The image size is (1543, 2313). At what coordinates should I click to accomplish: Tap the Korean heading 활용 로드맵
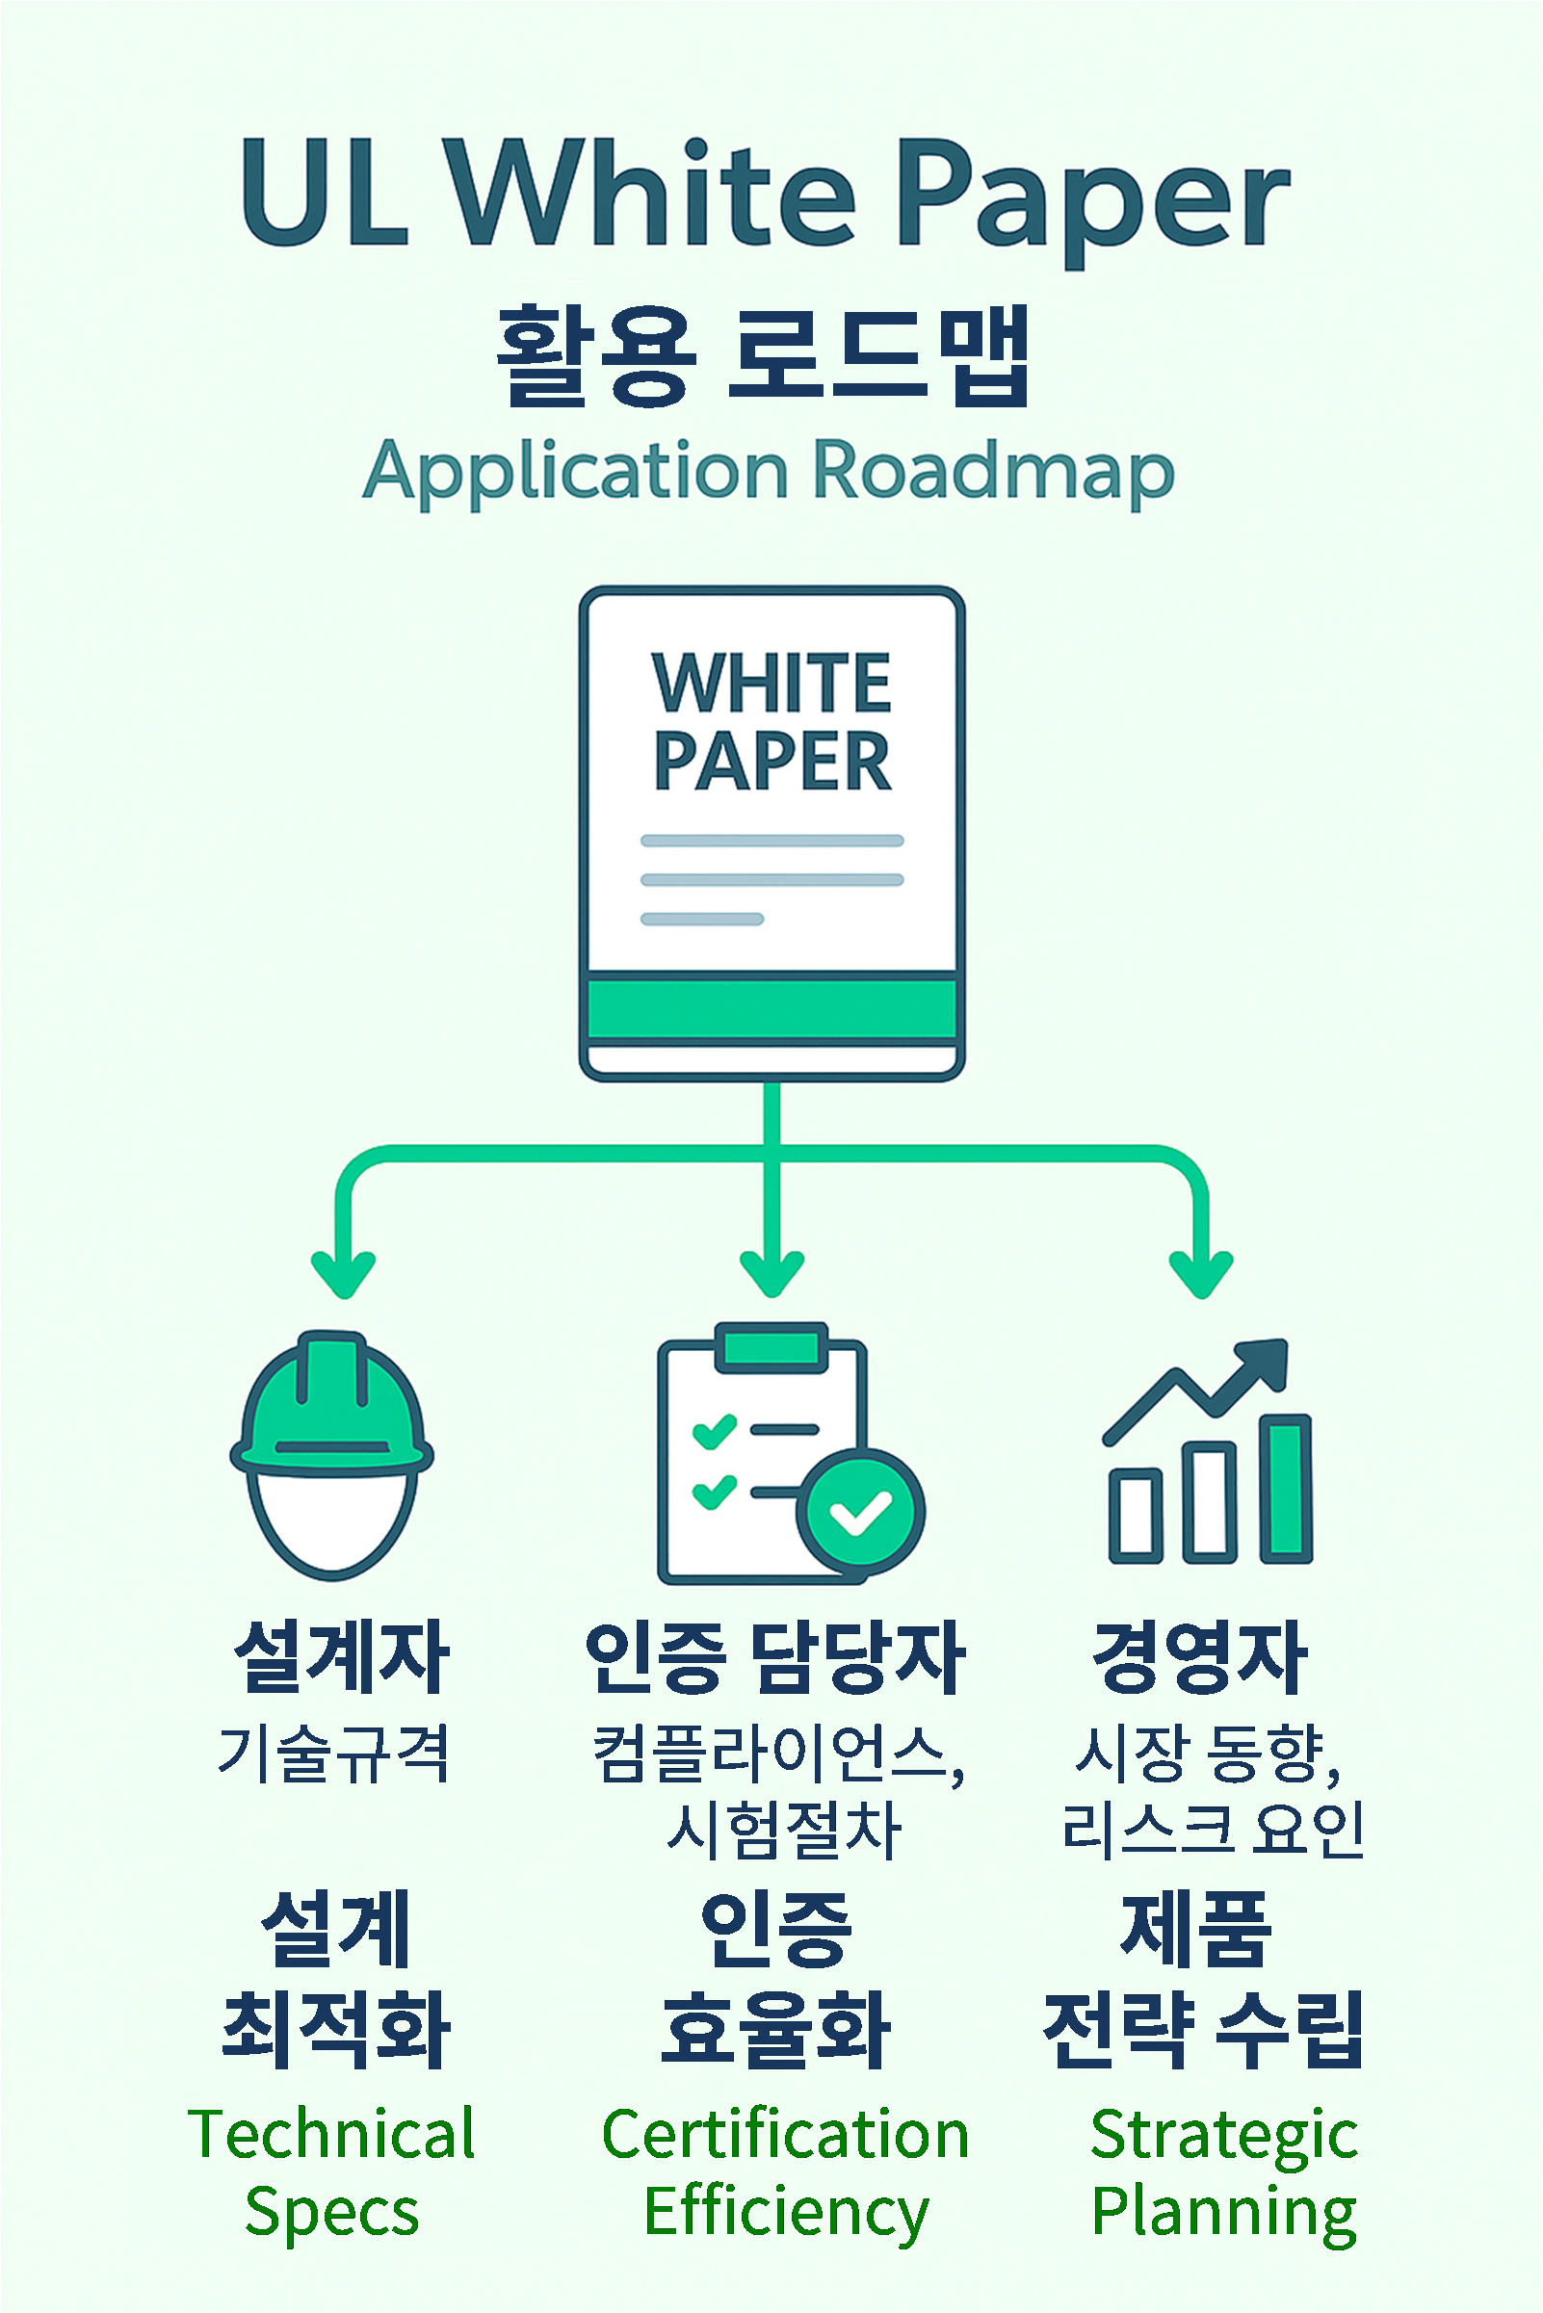[764, 356]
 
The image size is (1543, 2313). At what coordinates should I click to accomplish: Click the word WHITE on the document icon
[771, 682]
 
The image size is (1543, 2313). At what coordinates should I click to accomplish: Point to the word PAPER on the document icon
[772, 761]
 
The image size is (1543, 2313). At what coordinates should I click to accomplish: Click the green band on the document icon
[772, 1007]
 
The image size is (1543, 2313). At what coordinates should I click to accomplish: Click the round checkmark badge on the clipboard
[860, 1512]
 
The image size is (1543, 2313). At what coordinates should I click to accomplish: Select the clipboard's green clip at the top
[771, 1345]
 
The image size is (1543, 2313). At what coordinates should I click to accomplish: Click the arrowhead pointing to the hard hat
[344, 1274]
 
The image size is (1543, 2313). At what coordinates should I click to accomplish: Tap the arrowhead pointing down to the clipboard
[772, 1274]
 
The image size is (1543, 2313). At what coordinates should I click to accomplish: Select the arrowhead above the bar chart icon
[1201, 1274]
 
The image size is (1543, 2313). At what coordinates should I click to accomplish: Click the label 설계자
[342, 1658]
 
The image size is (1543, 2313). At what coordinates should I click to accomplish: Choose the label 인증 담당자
[774, 1658]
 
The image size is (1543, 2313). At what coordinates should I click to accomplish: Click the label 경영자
[1200, 1658]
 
